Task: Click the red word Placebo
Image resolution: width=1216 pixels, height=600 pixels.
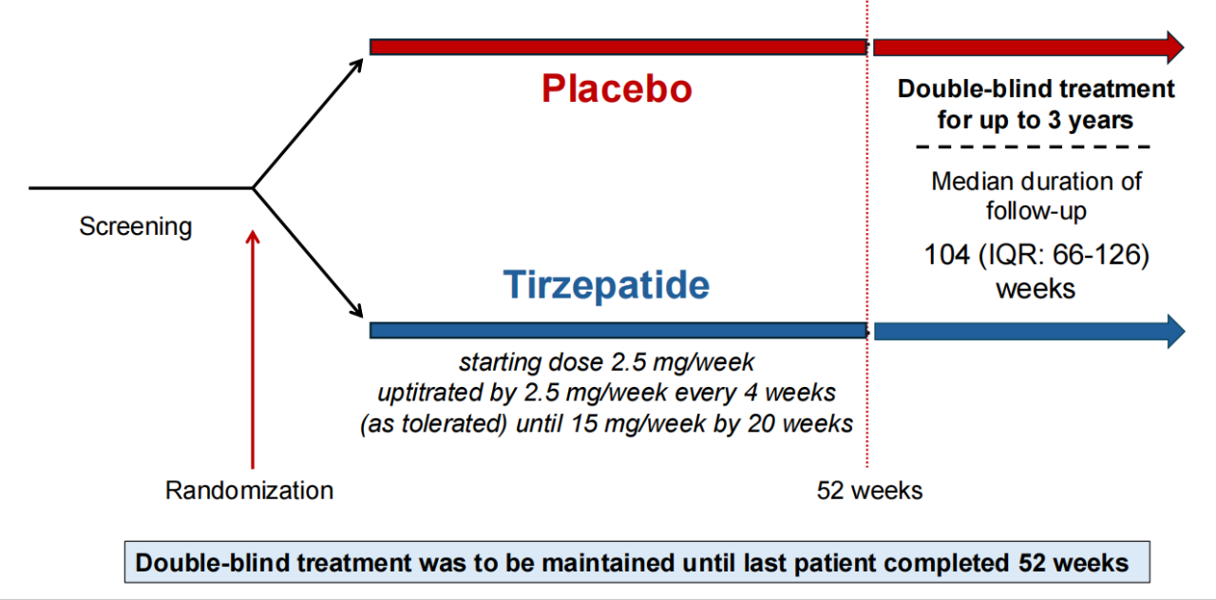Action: [x=617, y=88]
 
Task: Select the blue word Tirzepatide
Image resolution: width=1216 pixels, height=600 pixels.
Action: [x=606, y=284]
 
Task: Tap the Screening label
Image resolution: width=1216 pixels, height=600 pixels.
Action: [x=136, y=226]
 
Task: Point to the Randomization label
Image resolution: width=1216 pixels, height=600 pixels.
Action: [x=249, y=491]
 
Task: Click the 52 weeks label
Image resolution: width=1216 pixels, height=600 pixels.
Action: [x=869, y=491]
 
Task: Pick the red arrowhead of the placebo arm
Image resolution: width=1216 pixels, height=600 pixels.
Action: [x=1174, y=48]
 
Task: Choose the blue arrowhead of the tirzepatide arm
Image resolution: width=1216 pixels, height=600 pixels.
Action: [x=1175, y=331]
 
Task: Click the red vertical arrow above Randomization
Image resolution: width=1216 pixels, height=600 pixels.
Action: [x=253, y=350]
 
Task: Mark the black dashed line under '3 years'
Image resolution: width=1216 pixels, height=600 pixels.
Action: [x=1033, y=146]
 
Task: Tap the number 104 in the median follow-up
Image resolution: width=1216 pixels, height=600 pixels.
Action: [x=947, y=255]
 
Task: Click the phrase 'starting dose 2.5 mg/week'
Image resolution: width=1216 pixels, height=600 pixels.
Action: [x=606, y=362]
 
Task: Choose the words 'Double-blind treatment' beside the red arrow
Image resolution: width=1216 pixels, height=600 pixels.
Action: [x=1035, y=89]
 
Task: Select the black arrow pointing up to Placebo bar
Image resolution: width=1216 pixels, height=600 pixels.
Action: [x=308, y=124]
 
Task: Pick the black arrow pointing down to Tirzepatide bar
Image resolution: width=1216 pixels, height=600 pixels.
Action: [x=308, y=253]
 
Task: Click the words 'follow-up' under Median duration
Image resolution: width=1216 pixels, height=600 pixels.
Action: [x=1036, y=211]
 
